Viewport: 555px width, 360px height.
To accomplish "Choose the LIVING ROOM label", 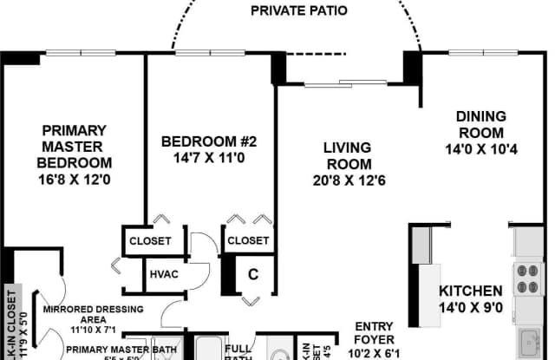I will click(349, 155).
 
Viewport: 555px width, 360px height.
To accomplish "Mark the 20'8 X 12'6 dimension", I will click(349, 181).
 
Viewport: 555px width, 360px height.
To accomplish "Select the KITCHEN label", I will click(469, 291).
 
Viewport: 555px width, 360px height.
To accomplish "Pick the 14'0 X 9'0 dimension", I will click(469, 307).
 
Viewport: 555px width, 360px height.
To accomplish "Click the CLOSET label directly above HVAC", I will click(150, 240).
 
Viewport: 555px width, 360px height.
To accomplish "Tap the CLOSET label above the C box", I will click(247, 240).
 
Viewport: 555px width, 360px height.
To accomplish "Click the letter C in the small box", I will click(253, 275).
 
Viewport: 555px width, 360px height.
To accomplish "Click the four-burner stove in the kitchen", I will click(528, 278).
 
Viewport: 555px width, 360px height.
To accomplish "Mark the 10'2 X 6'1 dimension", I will click(375, 353).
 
